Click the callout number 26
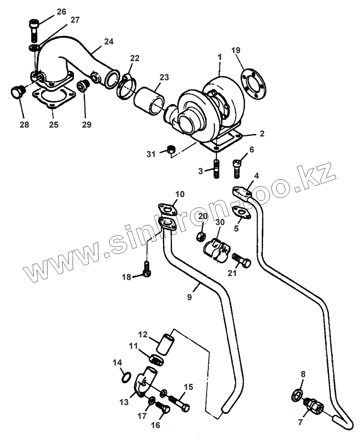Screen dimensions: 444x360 [x=61, y=12]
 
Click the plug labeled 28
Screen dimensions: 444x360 [x=16, y=92]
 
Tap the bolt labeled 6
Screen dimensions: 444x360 [x=237, y=168]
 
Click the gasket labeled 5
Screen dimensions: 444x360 [x=241, y=211]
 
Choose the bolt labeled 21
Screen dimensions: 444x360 [x=242, y=262]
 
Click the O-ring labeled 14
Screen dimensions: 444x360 [x=126, y=377]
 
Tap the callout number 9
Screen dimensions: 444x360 [x=190, y=297]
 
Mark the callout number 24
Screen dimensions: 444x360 [x=108, y=41]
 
